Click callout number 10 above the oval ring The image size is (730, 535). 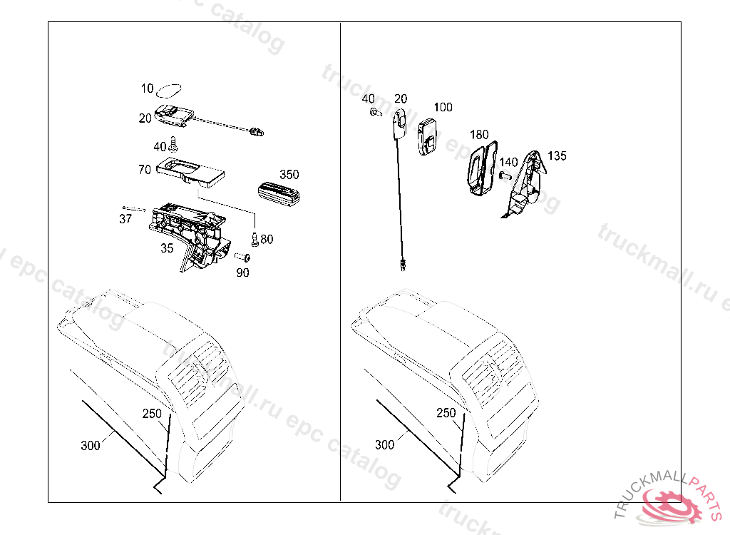tap(147, 89)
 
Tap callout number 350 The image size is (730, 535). tap(289, 175)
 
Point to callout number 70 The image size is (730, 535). tap(145, 170)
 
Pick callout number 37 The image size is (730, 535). tap(125, 219)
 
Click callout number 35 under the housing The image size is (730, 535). tap(167, 249)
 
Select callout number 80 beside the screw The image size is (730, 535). tap(267, 239)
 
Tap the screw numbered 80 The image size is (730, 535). tap(255, 239)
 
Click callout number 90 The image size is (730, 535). tap(242, 272)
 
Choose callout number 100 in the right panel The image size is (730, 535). tap(443, 108)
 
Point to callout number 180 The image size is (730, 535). tap(479, 134)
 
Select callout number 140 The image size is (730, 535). tap(508, 163)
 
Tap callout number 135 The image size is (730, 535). tap(557, 156)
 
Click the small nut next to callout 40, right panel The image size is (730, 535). tap(374, 112)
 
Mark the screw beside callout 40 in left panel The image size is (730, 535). tap(173, 146)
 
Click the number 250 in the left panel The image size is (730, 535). tap(152, 414)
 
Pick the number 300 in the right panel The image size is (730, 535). tap(384, 445)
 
